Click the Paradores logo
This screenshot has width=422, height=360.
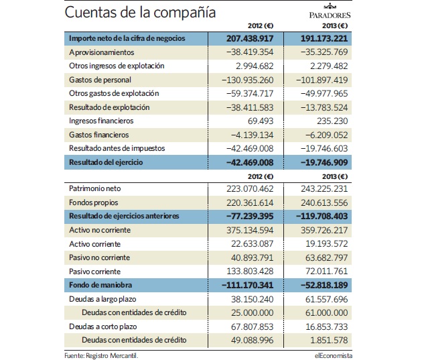click(330, 11)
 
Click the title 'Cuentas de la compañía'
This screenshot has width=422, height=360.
click(140, 12)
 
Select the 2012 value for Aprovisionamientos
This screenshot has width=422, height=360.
click(250, 52)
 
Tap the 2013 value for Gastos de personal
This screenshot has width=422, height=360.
click(322, 80)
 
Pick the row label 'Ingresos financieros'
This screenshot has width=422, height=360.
click(101, 121)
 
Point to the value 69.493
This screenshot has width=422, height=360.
click(261, 121)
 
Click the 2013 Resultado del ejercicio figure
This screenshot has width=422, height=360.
click(324, 163)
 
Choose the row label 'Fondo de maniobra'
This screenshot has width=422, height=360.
click(100, 285)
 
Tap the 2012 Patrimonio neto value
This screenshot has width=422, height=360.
click(250, 189)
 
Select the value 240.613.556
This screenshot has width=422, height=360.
click(324, 202)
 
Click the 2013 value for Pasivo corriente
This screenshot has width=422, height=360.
click(326, 271)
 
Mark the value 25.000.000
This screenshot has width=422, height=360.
click(252, 313)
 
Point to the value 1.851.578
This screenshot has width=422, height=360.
click(329, 341)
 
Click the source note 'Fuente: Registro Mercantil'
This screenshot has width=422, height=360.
click(101, 356)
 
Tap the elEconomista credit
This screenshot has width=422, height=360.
click(333, 356)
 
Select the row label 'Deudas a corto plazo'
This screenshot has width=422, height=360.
click(102, 326)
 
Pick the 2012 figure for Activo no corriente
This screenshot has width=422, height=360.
click(250, 230)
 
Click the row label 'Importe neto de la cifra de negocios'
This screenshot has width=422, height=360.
click(127, 38)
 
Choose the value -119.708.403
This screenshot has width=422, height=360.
click(322, 217)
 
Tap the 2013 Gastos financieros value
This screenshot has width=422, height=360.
click(326, 135)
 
